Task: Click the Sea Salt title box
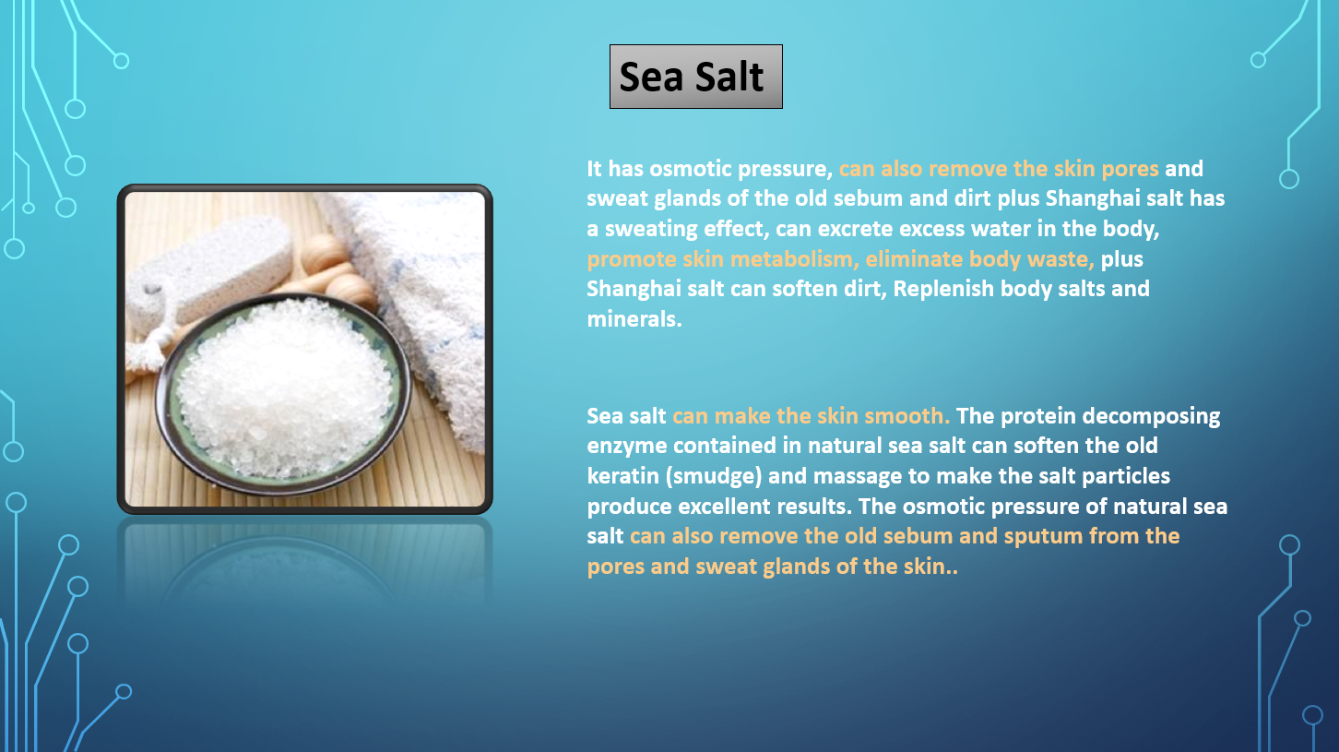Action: [696, 77]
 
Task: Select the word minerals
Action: [634, 319]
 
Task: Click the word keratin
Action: [622, 476]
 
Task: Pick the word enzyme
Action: [626, 447]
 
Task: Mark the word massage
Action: [858, 477]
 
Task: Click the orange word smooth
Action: [906, 416]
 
